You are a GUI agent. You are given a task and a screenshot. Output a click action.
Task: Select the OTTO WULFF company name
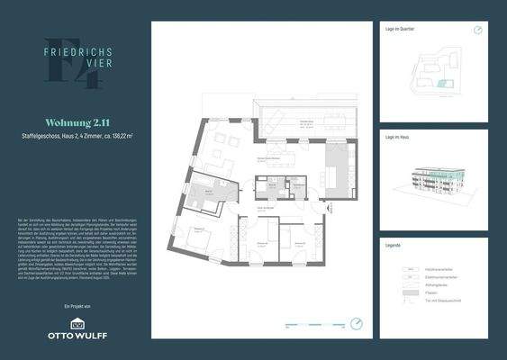click(76, 337)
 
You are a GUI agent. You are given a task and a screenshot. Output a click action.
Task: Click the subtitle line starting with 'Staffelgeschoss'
click(77, 136)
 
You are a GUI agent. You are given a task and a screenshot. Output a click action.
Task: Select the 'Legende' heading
click(393, 245)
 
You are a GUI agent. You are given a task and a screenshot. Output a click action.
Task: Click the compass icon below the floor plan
click(358, 323)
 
